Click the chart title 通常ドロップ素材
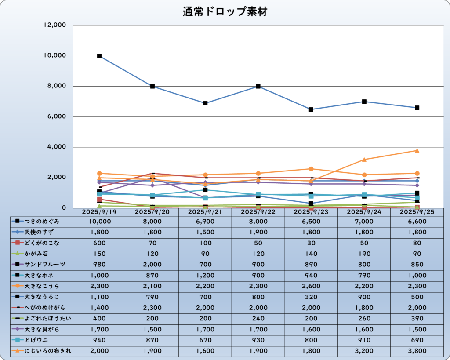pyautogui.click(x=225, y=12)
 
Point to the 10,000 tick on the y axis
pyautogui.click(x=55, y=56)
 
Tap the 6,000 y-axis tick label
pyautogui.click(x=57, y=116)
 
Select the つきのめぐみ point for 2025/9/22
pyautogui.click(x=258, y=87)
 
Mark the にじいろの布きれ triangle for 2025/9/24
pyautogui.click(x=364, y=160)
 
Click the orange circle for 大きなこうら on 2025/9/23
pyautogui.click(x=311, y=169)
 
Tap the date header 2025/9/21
pyautogui.click(x=205, y=212)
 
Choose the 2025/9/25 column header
pyautogui.click(x=417, y=212)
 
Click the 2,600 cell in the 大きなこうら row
pyautogui.click(x=311, y=286)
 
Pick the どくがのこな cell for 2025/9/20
pyautogui.click(x=152, y=243)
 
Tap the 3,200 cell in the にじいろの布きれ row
pyautogui.click(x=364, y=350)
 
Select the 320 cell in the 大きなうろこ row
pyautogui.click(x=311, y=297)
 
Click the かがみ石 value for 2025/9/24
pyautogui.click(x=364, y=254)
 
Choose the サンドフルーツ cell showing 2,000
pyautogui.click(x=152, y=265)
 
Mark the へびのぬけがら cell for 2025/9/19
pyautogui.click(x=99, y=307)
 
